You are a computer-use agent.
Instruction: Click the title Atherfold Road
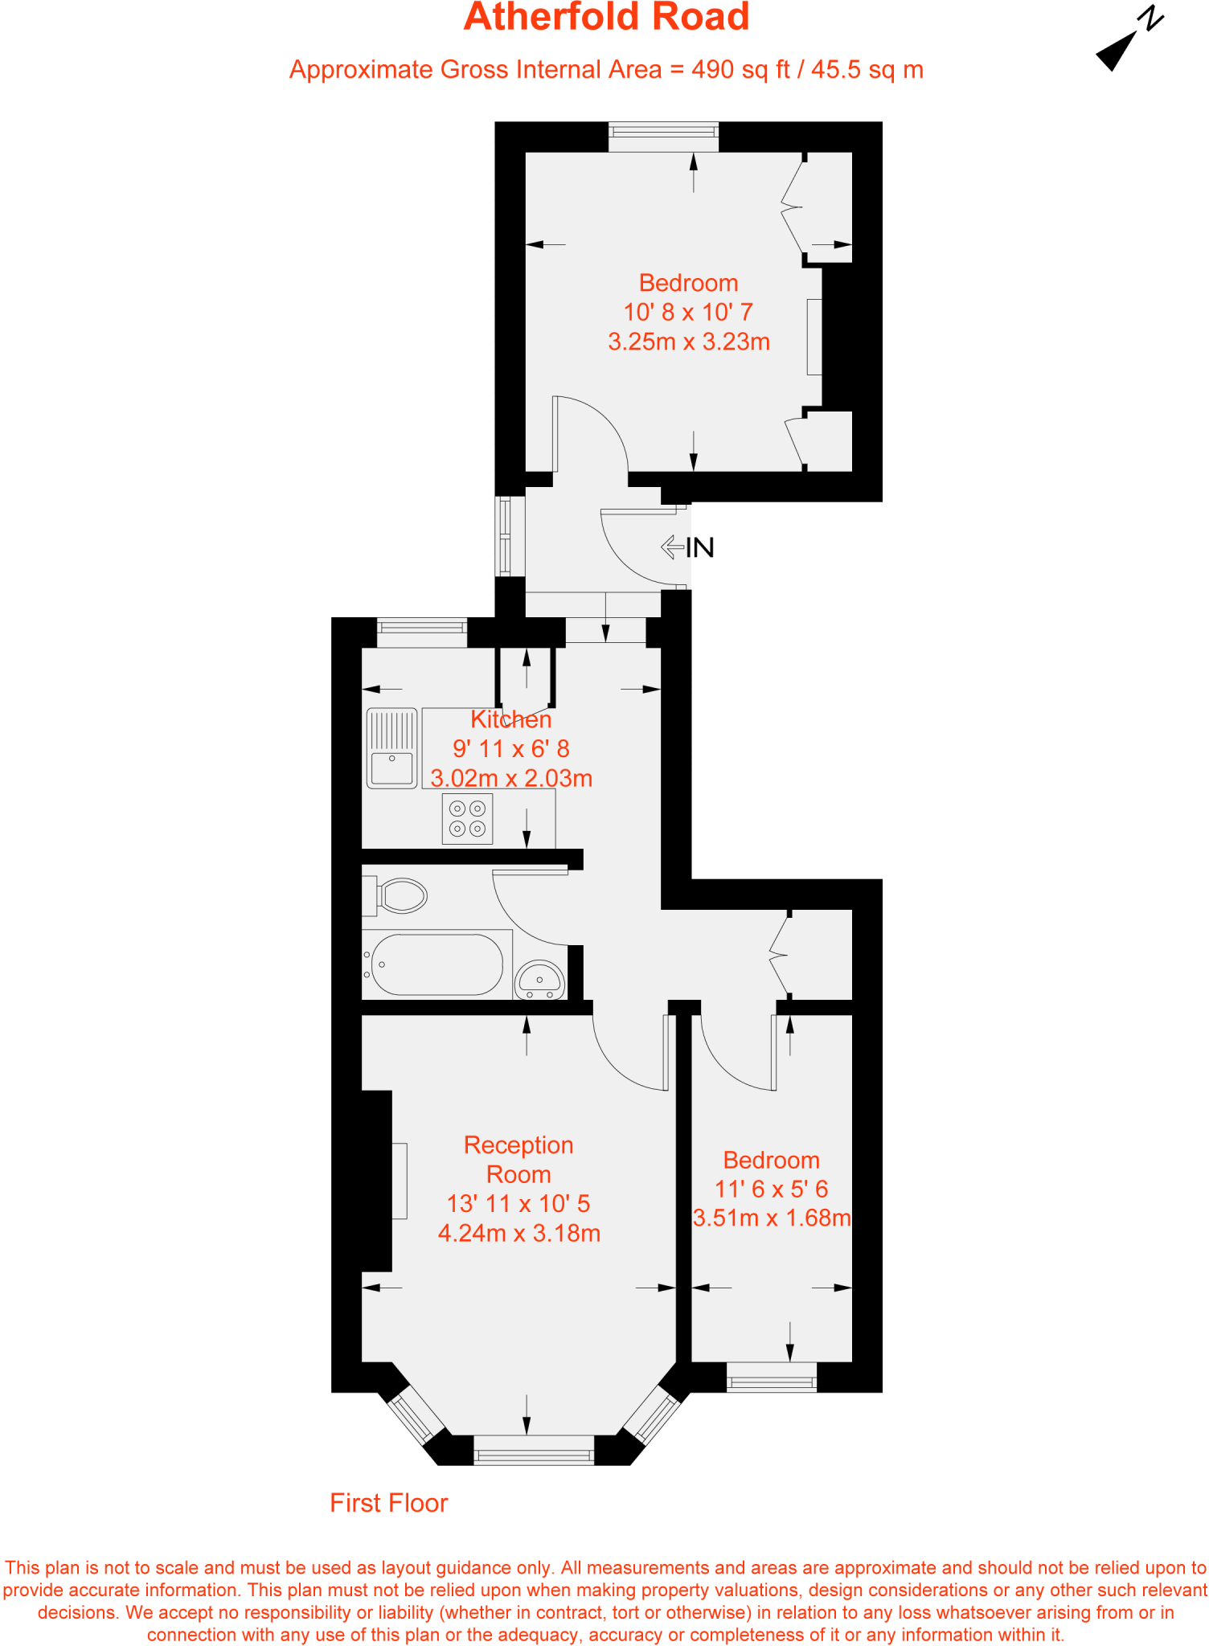click(606, 18)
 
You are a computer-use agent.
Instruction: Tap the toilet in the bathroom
click(400, 895)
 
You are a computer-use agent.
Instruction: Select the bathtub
click(436, 964)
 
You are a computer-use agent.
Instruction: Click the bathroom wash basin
click(539, 980)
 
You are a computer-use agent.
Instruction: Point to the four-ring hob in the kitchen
click(467, 819)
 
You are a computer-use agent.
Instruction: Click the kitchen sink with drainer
click(392, 747)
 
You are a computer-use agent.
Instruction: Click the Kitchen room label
click(510, 719)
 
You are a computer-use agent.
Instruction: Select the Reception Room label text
click(518, 1159)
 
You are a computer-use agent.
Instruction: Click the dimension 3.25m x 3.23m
click(689, 342)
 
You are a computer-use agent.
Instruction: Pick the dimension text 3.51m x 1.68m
click(771, 1218)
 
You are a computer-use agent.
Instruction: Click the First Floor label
click(388, 1502)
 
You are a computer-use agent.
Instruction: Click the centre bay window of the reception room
click(534, 1451)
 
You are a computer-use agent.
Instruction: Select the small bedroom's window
click(771, 1378)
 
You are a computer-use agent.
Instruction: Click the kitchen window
click(421, 632)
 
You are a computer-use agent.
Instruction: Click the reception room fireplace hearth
click(400, 1181)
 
